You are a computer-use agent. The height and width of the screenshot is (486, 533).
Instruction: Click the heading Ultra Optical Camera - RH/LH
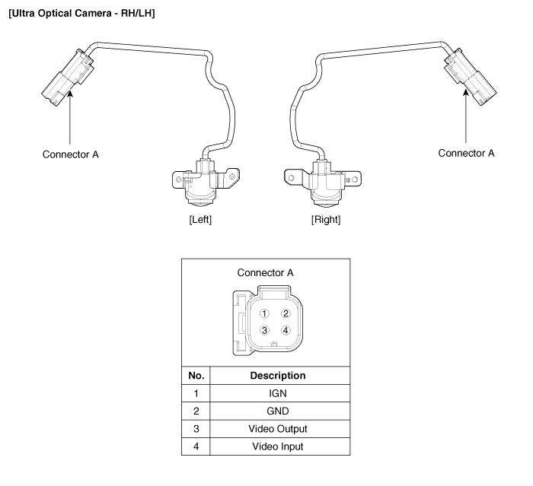pos(80,14)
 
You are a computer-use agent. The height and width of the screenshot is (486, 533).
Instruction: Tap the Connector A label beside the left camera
pos(71,154)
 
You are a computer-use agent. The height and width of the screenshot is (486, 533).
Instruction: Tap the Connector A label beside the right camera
pos(466,153)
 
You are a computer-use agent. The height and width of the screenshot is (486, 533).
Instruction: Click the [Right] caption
pos(325,220)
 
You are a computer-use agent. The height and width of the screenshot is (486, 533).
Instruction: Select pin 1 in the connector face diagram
pos(264,313)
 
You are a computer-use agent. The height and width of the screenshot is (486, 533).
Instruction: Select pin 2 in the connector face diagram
pos(286,313)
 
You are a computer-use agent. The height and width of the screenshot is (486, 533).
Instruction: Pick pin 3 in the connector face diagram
pos(264,330)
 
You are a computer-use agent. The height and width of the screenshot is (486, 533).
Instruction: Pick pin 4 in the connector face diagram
pos(286,330)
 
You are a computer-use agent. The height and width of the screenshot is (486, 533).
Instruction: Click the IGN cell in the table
pos(279,394)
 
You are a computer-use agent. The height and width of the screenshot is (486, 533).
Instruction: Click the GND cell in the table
pos(279,411)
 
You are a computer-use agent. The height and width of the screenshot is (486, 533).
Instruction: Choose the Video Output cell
pos(279,429)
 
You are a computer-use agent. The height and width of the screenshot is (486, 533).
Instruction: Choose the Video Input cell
pos(279,446)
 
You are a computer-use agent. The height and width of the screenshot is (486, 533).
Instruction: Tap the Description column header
pos(279,376)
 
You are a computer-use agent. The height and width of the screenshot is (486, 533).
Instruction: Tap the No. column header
pos(195,376)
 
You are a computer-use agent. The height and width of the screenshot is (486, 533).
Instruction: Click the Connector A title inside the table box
pos(266,272)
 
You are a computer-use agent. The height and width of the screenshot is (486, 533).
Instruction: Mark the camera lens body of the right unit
pos(326,193)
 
